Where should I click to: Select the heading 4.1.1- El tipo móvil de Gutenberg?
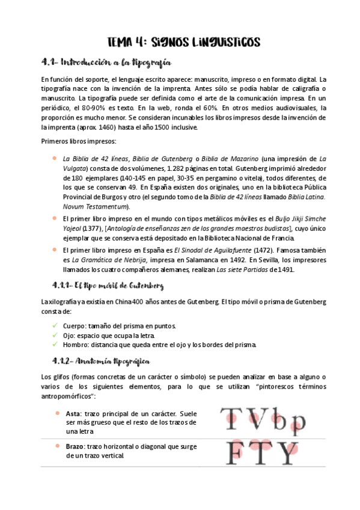[108, 284]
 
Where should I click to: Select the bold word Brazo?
[75, 447]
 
